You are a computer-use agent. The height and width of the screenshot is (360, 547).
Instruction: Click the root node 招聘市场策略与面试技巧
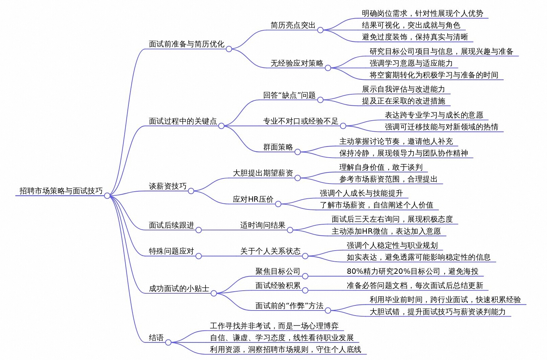[61, 191]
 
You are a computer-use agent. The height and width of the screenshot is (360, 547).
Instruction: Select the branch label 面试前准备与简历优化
[186, 44]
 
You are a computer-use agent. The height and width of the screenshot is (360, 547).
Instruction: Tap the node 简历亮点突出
[293, 25]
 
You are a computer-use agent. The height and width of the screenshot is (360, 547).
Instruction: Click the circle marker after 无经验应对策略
[328, 68]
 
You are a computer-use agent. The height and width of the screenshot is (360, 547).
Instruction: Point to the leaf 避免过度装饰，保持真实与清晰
[415, 37]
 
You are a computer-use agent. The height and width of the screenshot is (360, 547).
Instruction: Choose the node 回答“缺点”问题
[289, 95]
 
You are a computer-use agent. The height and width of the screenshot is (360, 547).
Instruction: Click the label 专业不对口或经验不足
[300, 121]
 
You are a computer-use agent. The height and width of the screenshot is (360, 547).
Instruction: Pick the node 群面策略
[278, 147]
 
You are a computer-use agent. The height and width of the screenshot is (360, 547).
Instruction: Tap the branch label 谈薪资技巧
[168, 186]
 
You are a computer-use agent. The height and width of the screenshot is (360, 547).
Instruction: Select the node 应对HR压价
[253, 199]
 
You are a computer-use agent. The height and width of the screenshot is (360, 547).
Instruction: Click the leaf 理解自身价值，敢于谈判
[381, 167]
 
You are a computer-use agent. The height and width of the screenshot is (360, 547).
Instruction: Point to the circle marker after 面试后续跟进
[199, 230]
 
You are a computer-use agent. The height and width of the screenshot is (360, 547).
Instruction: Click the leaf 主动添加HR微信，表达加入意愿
[386, 231]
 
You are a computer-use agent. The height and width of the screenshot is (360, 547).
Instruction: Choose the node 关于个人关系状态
[270, 251]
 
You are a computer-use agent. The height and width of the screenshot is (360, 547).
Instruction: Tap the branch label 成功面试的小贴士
[179, 289]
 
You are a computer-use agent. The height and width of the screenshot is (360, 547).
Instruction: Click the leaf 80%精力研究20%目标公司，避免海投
[413, 271]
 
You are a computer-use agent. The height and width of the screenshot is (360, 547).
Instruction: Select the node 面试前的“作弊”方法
[289, 306]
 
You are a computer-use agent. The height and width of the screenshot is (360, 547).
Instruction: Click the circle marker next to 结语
[168, 342]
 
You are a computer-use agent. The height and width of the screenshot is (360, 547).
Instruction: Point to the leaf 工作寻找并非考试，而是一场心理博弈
[274, 326]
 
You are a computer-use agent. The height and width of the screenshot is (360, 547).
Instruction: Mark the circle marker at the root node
[107, 196]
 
